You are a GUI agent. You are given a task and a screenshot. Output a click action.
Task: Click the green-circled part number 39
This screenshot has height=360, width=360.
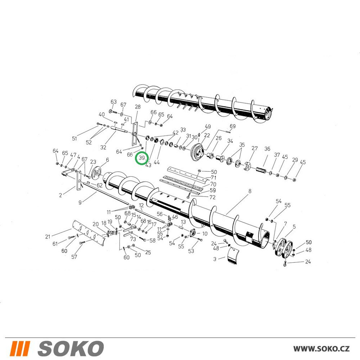pos(141,158)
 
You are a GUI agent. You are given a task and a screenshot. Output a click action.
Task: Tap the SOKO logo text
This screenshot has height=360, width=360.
pos(71,348)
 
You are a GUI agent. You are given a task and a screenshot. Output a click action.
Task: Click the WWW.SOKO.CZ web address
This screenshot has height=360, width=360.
pos(321,349)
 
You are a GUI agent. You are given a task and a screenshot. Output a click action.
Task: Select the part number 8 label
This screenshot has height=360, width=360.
pos(250,191)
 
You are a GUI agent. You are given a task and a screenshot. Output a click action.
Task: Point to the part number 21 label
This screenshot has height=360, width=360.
pos(48,237)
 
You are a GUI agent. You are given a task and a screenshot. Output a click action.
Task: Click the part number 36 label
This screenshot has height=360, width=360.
pos(267,149)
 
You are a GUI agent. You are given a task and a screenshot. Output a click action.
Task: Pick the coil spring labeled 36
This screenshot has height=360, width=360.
pos(261,171)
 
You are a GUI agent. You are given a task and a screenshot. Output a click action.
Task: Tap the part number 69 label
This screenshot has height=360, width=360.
pos(233,126)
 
